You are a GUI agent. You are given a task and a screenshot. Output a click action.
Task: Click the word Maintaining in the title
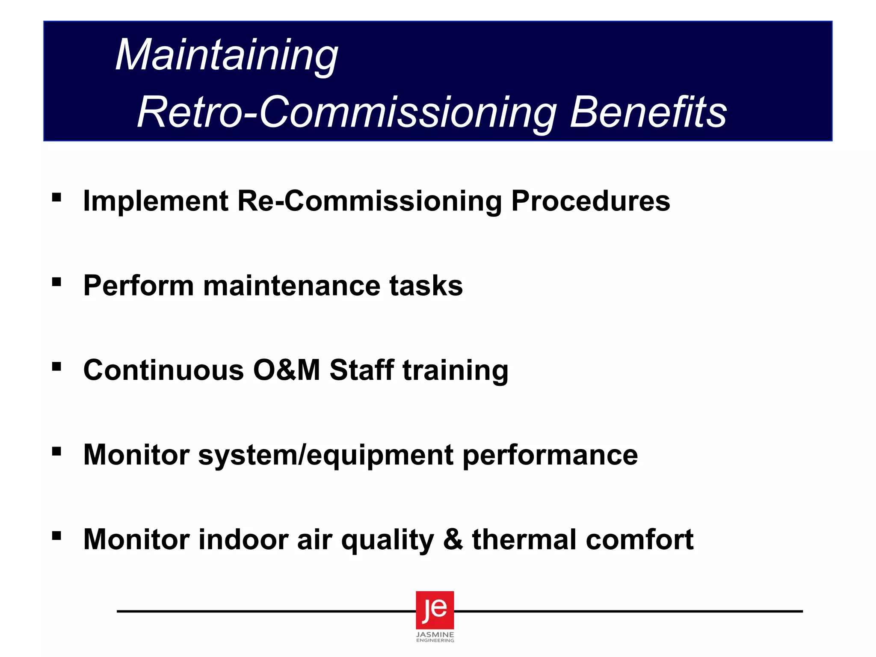[x=227, y=56]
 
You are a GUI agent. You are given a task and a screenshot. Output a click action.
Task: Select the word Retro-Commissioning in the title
[x=347, y=112]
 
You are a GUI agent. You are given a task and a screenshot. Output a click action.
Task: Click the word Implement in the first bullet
[x=156, y=201]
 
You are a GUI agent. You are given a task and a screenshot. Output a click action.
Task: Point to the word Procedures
[x=591, y=201]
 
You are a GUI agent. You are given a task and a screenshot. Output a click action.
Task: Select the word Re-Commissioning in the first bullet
[x=370, y=201]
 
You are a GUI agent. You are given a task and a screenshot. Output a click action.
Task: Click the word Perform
[x=138, y=286]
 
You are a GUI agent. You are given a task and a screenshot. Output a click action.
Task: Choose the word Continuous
[x=163, y=370]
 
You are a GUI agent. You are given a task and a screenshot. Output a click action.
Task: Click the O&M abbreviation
[x=286, y=370]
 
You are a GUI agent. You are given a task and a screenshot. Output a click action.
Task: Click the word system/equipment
[x=326, y=455]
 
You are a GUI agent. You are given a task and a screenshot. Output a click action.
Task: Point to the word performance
[x=550, y=455]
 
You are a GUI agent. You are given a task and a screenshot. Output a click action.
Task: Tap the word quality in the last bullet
[x=388, y=540]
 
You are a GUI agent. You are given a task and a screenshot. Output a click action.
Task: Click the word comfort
[x=639, y=539]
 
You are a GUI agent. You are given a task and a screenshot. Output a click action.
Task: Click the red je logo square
[x=435, y=610]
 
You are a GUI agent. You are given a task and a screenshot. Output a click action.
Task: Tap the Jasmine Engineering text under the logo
[x=435, y=637]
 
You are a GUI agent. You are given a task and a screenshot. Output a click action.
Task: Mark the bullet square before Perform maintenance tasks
[x=56, y=282]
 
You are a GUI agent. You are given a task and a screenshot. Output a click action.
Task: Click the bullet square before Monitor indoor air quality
[x=56, y=536]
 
